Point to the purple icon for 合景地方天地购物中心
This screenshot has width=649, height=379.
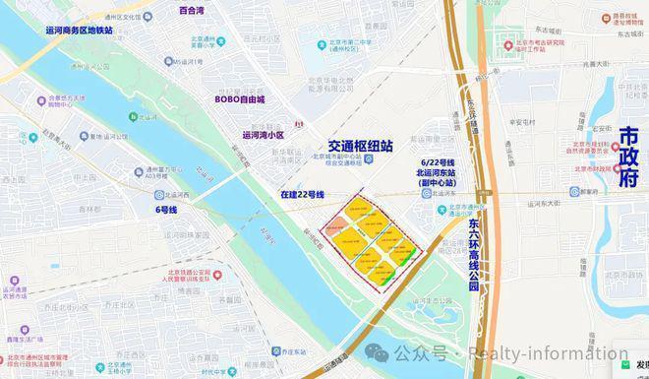coord(43,99)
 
